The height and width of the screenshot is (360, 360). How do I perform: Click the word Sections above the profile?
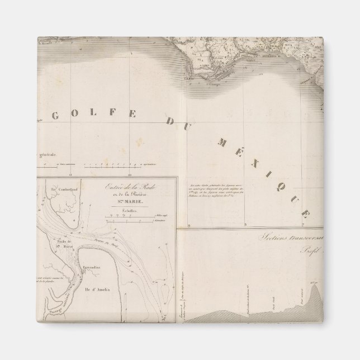click(273, 238)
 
